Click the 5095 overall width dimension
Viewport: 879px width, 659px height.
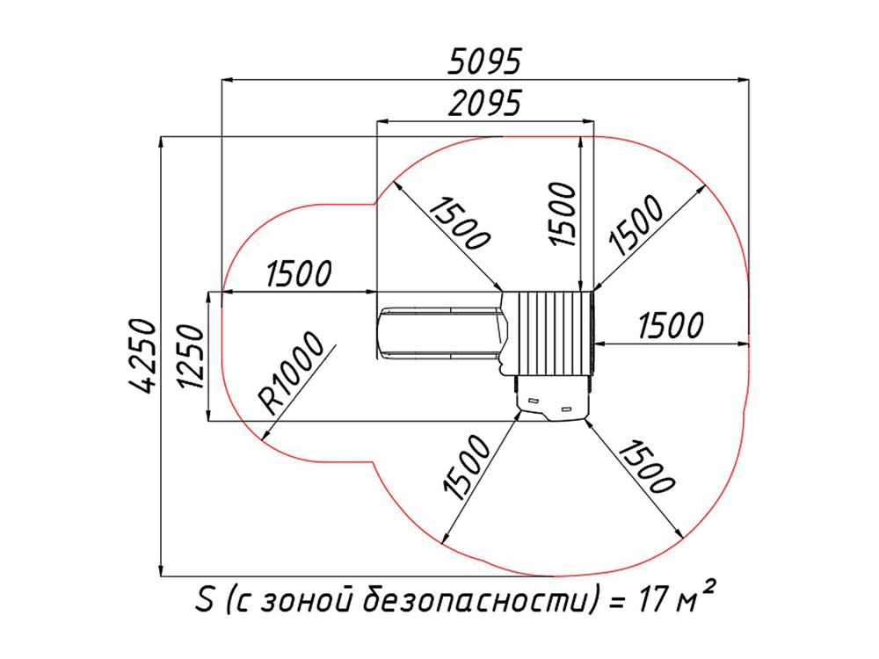(485, 62)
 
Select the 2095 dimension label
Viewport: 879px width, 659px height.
(485, 103)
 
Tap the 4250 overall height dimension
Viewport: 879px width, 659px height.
(141, 356)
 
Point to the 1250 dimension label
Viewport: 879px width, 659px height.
(190, 357)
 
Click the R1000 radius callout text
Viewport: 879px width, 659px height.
(291, 373)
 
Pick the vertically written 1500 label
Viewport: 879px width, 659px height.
(563, 214)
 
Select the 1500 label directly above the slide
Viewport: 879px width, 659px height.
(299, 273)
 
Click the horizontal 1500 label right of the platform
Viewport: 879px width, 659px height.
(671, 326)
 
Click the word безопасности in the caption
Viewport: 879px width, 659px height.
(476, 600)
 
